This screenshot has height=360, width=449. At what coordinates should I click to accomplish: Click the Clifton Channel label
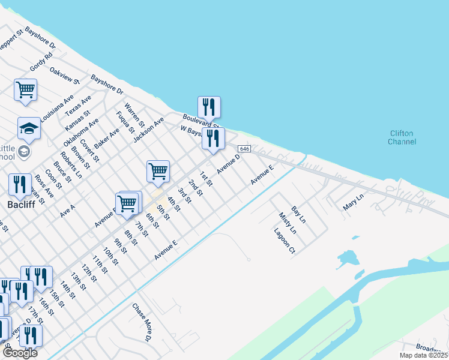tap(402, 137)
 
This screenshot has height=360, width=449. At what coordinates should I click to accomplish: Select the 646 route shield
tap(244, 148)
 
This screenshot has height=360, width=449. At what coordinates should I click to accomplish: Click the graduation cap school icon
tap(29, 128)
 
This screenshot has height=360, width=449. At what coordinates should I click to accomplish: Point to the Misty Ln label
tap(288, 223)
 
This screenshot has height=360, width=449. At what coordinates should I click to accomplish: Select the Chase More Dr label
tap(142, 322)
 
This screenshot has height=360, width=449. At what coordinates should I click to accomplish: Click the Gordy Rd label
tap(41, 61)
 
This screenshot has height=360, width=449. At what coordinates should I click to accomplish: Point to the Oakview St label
tap(64, 74)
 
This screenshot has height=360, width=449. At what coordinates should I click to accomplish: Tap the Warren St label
tap(134, 114)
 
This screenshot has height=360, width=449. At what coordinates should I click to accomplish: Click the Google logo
tap(19, 353)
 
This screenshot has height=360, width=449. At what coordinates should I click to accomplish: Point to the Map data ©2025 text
tap(423, 355)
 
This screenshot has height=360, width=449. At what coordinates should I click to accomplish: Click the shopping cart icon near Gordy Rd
tap(26, 90)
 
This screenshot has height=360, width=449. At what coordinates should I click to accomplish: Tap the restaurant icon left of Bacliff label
tap(20, 184)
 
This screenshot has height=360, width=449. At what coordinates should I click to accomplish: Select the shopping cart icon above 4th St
tap(158, 171)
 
